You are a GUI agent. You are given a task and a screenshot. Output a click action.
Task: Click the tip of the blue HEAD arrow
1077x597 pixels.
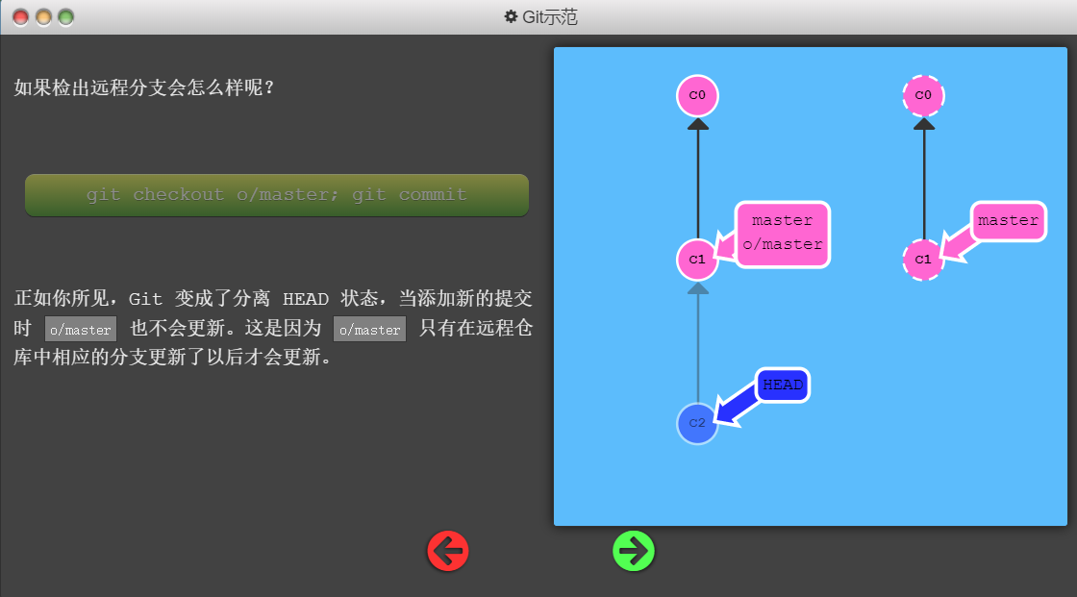715,421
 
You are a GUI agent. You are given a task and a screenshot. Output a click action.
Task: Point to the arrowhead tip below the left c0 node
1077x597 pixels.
698,118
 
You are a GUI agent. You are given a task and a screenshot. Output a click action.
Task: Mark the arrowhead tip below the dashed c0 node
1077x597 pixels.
924,118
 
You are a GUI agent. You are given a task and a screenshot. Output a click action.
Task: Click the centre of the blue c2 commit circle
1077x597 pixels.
697,423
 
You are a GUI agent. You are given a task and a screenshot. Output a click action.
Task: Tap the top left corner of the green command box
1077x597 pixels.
25,175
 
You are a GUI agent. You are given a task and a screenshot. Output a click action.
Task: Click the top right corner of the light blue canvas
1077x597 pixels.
1066,47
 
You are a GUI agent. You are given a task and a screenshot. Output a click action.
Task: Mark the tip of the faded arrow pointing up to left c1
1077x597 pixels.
698,283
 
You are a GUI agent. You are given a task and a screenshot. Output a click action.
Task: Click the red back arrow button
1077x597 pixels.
448,551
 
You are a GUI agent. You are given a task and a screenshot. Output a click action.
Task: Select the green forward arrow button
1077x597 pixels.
634,551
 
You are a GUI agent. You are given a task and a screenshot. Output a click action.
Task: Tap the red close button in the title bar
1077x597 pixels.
20,18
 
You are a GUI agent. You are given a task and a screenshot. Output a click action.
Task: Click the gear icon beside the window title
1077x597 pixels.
511,16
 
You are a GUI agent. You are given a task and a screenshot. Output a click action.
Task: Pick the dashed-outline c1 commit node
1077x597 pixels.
923,259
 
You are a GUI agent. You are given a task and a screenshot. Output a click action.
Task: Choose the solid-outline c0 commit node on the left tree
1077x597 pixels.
697,95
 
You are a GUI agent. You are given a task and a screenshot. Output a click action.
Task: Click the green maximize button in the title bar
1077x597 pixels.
66,18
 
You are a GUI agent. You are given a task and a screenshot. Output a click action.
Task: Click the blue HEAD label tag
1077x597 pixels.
783,385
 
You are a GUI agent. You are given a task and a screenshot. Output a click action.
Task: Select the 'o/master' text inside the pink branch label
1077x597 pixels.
783,244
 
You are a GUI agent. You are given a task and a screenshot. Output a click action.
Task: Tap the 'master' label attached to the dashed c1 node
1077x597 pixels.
1009,220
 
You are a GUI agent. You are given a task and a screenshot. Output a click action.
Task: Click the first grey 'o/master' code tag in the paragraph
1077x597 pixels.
81,329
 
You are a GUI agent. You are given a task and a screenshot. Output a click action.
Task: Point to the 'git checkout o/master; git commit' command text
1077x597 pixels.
277,195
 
